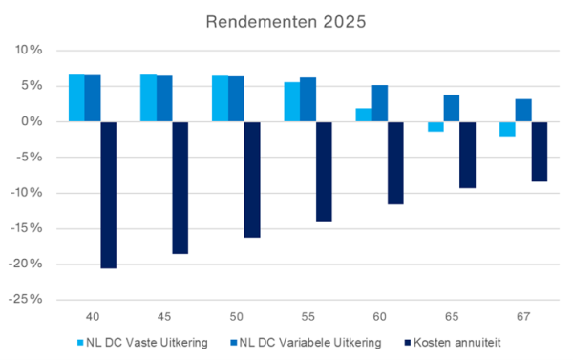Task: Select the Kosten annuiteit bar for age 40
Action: [108, 195]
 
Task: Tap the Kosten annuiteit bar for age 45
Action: [180, 187]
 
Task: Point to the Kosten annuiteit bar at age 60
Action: [395, 163]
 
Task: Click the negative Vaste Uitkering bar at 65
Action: [435, 127]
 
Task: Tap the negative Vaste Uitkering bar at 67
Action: [507, 129]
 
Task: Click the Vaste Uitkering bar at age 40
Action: [76, 98]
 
